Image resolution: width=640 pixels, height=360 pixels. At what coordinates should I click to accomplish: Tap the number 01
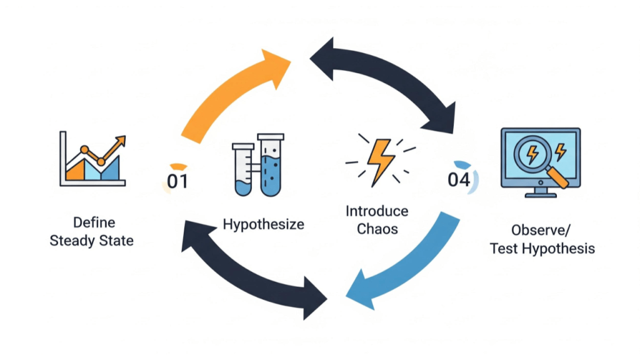coord(177,181)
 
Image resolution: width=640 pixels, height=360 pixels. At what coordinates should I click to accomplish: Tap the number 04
coord(459,179)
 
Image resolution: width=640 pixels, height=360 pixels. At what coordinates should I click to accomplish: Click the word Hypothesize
coord(263,224)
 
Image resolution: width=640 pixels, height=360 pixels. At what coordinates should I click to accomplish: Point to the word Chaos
coord(377,229)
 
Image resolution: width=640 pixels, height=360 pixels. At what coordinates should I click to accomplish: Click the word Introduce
coord(377,211)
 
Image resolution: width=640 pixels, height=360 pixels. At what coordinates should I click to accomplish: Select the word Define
coord(94,222)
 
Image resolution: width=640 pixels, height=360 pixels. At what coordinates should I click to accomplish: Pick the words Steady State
coord(92,241)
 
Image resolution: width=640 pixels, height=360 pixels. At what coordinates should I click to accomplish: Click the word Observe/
coord(541,229)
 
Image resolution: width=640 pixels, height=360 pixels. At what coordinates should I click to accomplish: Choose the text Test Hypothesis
coord(542,248)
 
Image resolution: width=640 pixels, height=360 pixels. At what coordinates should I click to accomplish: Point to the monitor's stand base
coord(541,194)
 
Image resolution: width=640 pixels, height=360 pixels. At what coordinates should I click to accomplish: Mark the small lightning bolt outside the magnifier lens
coord(560,151)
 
